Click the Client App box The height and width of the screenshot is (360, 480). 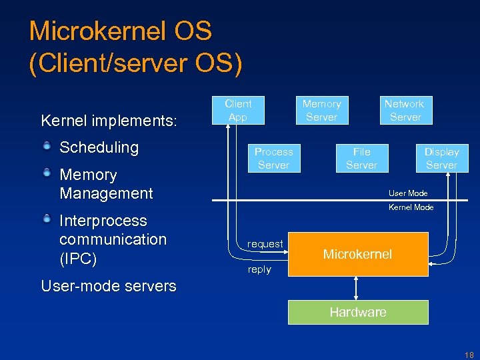[238, 111]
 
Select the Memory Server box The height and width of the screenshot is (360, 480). [321, 111]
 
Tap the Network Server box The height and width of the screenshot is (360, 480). [405, 111]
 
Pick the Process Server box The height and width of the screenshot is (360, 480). [273, 159]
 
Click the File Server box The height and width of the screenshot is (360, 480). [361, 159]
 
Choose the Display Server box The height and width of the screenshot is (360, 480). [442, 159]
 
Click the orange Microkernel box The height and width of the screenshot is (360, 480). [357, 254]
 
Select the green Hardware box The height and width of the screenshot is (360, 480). [358, 312]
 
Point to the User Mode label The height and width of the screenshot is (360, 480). [408, 193]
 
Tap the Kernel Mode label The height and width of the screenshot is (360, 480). [411, 207]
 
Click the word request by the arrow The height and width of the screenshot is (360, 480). [265, 244]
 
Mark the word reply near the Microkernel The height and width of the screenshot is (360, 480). [259, 269]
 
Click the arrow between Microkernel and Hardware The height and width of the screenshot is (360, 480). [357, 288]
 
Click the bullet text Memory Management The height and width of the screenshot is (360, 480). [106, 184]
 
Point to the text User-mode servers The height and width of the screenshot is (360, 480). [109, 286]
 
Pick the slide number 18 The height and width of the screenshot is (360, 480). [469, 353]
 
